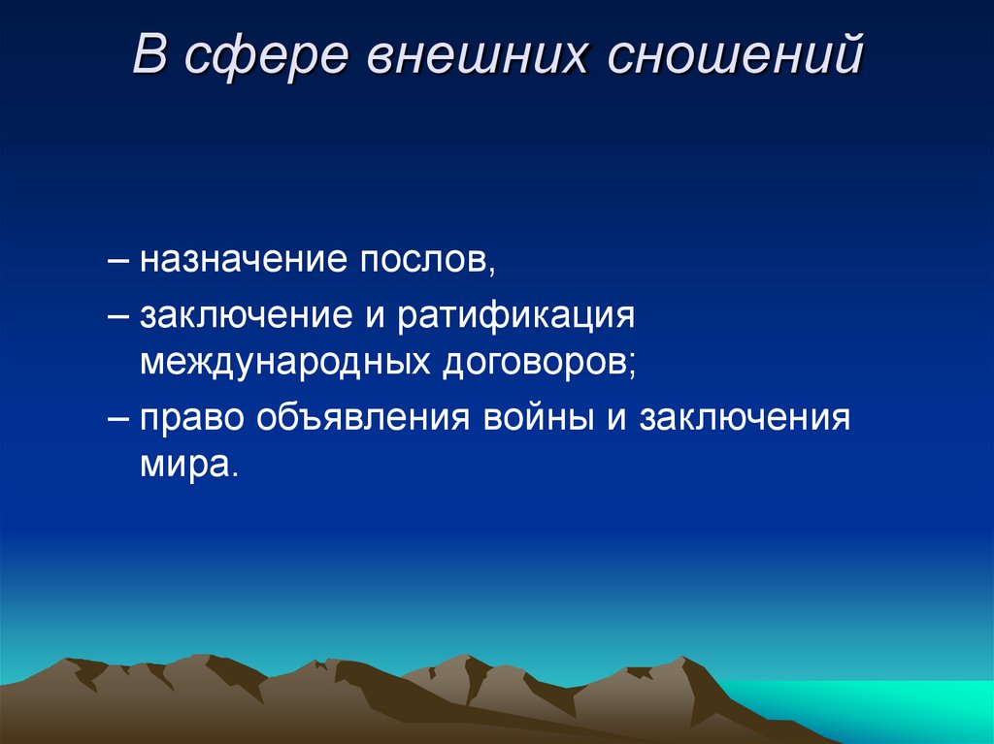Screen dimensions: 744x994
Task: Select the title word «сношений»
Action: click(735, 56)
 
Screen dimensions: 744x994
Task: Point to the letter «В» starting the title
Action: click(149, 56)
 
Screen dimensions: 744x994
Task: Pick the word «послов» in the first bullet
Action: click(423, 259)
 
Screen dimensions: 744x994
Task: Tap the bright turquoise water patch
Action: click(874, 708)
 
